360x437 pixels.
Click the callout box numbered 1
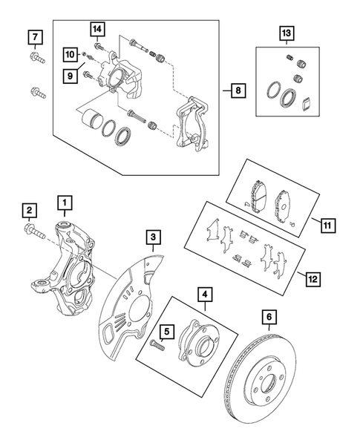pyautogui.click(x=66, y=202)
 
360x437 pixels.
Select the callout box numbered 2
pyautogui.click(x=30, y=211)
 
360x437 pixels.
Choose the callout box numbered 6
pyautogui.click(x=269, y=318)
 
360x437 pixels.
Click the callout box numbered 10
pyautogui.click(x=69, y=54)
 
